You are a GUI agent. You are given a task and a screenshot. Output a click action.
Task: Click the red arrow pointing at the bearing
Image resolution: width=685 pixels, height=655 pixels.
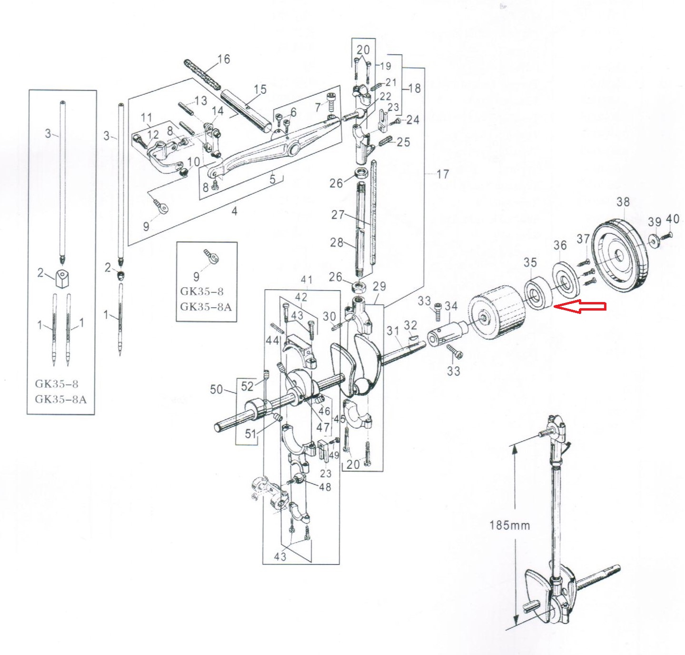click(x=580, y=306)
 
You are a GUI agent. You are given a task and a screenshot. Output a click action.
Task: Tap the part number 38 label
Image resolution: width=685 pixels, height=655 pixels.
click(x=623, y=202)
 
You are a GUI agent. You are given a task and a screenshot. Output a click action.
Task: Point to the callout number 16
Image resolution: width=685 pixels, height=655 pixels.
click(x=224, y=59)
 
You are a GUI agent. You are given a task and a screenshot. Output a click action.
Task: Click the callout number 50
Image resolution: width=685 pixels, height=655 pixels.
click(x=217, y=389)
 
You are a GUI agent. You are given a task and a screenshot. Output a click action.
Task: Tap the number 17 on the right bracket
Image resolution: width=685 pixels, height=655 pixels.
click(x=443, y=174)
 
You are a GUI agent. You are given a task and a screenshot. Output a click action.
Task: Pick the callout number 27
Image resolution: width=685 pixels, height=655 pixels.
click(x=338, y=214)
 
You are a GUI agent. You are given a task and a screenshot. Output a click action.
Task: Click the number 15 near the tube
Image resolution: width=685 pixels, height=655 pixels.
click(x=260, y=89)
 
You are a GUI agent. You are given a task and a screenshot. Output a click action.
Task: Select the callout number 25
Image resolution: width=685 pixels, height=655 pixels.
click(x=403, y=142)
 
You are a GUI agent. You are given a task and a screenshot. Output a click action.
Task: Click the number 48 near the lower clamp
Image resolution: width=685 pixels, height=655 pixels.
click(x=325, y=486)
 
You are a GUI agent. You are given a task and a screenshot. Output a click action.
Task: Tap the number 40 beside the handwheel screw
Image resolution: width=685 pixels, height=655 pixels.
click(x=672, y=219)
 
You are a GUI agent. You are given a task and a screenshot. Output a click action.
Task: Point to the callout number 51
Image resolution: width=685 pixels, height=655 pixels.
click(x=250, y=434)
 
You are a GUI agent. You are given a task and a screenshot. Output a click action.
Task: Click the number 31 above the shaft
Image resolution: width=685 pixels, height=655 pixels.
click(x=393, y=331)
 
